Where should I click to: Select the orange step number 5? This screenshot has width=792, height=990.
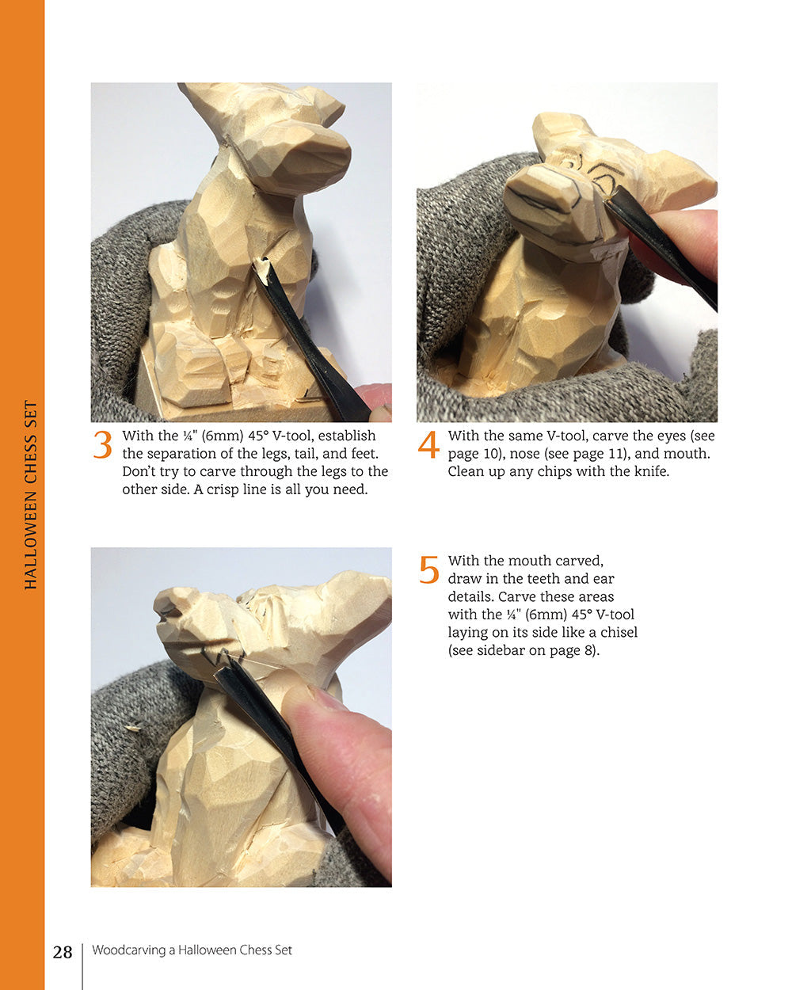428,569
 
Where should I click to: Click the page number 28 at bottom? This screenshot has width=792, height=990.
63,952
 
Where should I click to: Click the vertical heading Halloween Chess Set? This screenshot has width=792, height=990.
31,495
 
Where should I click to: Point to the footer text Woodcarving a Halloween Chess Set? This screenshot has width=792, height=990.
192,950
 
